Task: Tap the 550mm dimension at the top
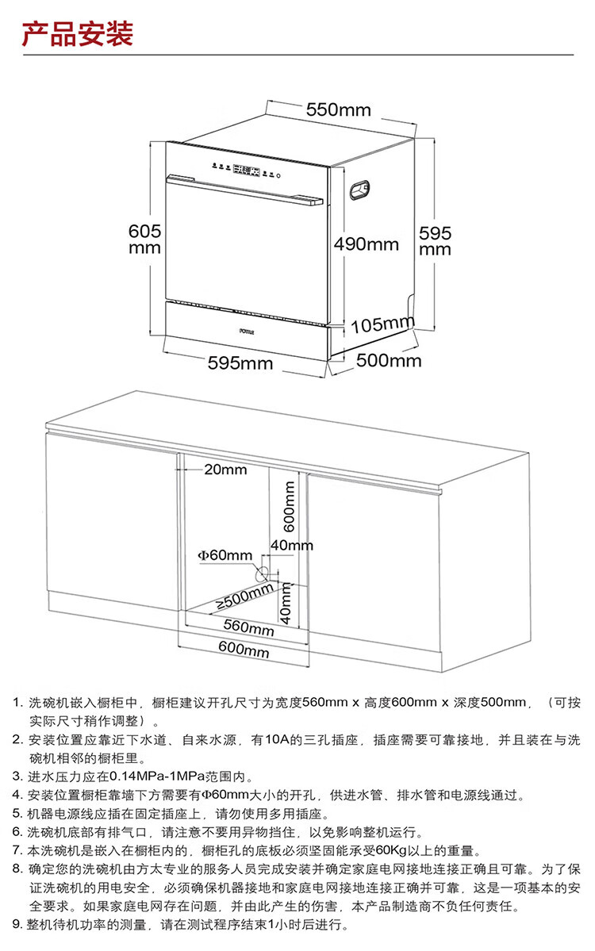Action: click(x=338, y=109)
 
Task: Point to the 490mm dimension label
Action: click(x=366, y=244)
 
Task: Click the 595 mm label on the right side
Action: click(x=436, y=241)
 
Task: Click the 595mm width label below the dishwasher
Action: click(x=240, y=363)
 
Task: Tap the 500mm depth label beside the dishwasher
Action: click(x=389, y=361)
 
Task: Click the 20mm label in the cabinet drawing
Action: click(x=225, y=470)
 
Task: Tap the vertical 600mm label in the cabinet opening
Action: click(x=290, y=507)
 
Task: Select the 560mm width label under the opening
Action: click(x=248, y=627)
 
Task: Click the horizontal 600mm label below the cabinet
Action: click(x=244, y=652)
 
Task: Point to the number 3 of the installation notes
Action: click(x=17, y=776)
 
